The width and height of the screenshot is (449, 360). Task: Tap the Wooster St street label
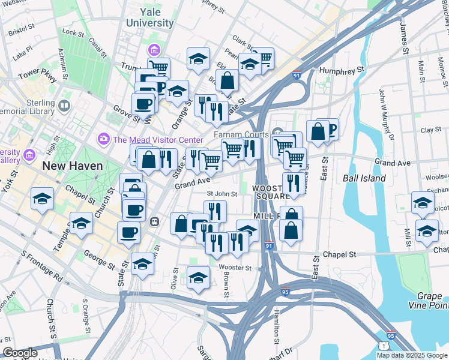click(x=228, y=266)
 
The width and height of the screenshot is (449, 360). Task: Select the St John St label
click(x=222, y=193)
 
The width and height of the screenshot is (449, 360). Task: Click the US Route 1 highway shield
click(x=384, y=346)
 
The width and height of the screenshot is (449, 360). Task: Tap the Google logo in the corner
click(x=20, y=353)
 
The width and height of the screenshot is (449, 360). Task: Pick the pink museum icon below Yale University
click(x=154, y=49)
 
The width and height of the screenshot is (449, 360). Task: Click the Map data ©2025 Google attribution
click(x=411, y=355)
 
